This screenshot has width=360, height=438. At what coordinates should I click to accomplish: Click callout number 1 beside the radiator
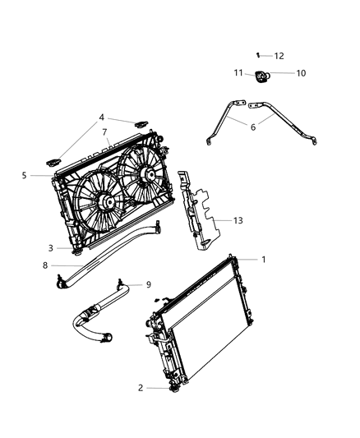click(263, 260)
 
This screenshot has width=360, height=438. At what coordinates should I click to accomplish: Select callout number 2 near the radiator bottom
click(141, 387)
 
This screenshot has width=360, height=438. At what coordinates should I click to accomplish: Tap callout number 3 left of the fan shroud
click(51, 247)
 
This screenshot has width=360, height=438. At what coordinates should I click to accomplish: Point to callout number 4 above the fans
click(103, 118)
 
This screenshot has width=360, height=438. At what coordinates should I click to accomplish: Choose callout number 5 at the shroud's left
click(25, 175)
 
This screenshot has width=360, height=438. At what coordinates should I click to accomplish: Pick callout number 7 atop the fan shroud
click(104, 132)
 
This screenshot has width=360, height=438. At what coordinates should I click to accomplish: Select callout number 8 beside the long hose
click(45, 265)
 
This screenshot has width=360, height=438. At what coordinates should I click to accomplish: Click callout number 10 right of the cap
click(300, 73)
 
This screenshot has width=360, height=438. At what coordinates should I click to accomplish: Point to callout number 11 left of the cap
click(238, 73)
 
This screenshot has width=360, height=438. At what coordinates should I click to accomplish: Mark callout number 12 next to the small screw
click(279, 56)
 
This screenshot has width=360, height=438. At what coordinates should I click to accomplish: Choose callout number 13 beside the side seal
click(238, 220)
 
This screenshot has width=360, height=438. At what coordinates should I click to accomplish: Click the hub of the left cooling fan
click(107, 202)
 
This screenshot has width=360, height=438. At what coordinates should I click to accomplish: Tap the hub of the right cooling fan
click(149, 175)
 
